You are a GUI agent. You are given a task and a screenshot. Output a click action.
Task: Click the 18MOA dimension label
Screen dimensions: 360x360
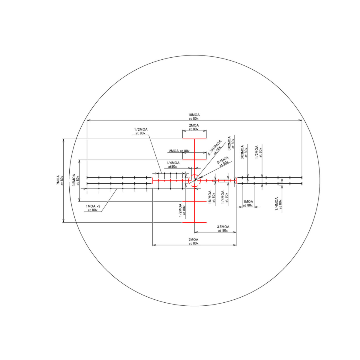tap(194, 117)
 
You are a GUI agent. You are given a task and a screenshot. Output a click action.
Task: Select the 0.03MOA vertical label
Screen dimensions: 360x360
tap(244, 152)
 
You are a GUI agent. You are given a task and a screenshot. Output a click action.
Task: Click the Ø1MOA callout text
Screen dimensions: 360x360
tap(223, 161)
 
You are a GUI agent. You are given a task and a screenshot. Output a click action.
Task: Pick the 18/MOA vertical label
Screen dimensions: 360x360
tap(212, 197)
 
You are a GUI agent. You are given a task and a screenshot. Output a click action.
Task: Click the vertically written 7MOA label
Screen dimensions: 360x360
tap(60, 180)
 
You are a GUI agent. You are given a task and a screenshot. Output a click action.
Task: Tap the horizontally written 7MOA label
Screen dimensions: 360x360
tap(194, 241)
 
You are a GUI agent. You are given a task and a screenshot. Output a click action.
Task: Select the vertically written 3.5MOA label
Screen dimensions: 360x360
tap(76, 180)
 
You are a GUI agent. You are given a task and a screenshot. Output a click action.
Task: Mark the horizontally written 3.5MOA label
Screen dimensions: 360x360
tap(223, 229)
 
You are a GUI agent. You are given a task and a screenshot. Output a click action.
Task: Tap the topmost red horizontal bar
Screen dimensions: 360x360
tap(194, 139)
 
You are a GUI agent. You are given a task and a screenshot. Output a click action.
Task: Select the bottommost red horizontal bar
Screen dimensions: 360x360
tap(194, 222)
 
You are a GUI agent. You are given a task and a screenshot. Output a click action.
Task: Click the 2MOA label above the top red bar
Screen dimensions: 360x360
tap(194, 127)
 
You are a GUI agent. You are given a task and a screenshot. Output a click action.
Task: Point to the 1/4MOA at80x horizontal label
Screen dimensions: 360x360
tap(173, 164)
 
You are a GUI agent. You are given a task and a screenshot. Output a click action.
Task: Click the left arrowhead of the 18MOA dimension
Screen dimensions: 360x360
tap(88, 120)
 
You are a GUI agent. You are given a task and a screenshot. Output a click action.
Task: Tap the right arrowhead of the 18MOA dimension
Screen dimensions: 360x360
tap(301, 120)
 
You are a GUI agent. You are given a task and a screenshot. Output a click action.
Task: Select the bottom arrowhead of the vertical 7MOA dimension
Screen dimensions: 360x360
tap(63, 221)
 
